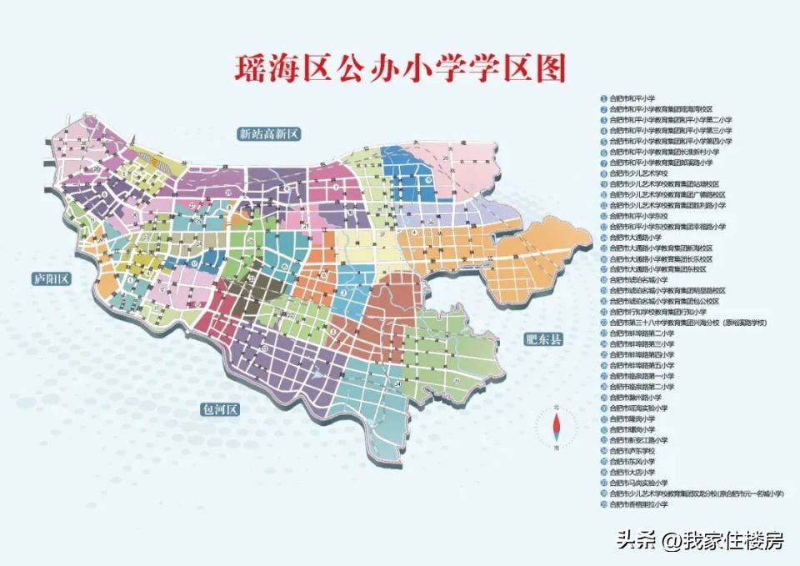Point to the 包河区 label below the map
(220, 409)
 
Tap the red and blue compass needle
(557, 426)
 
